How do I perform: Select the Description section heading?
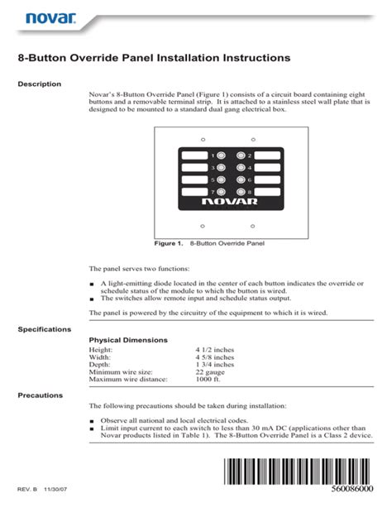(40, 84)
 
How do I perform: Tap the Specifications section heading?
(45, 329)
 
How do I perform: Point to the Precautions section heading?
(41, 395)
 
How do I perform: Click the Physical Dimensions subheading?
(128, 340)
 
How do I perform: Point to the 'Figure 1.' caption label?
(168, 245)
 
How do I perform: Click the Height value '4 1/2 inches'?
(214, 350)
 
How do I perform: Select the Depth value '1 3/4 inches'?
(214, 365)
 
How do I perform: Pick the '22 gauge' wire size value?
(209, 372)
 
